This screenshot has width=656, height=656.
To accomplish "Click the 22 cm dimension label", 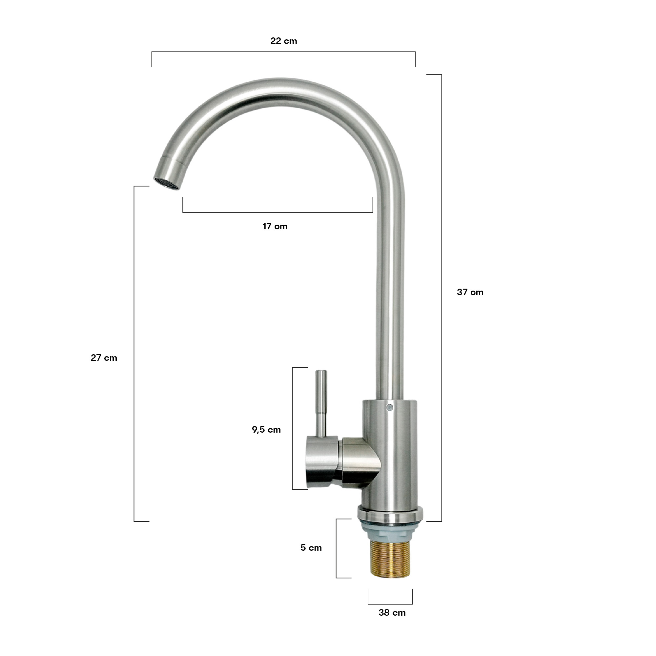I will click(x=283, y=41).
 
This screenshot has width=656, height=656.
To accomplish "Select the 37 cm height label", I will click(x=470, y=292).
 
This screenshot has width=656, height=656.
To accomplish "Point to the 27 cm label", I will click(x=104, y=358).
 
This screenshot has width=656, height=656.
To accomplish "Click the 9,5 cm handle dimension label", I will click(x=266, y=430).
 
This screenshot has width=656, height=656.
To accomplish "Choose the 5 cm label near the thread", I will click(x=311, y=548).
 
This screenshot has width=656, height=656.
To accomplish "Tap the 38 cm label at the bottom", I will click(x=392, y=613).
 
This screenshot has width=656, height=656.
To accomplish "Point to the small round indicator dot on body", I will click(x=390, y=406).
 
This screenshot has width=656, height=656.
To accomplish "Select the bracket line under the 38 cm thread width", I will click(x=390, y=604).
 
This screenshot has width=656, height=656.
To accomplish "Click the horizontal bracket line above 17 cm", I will click(x=277, y=213).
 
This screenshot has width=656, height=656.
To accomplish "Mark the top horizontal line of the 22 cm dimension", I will click(x=283, y=52).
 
